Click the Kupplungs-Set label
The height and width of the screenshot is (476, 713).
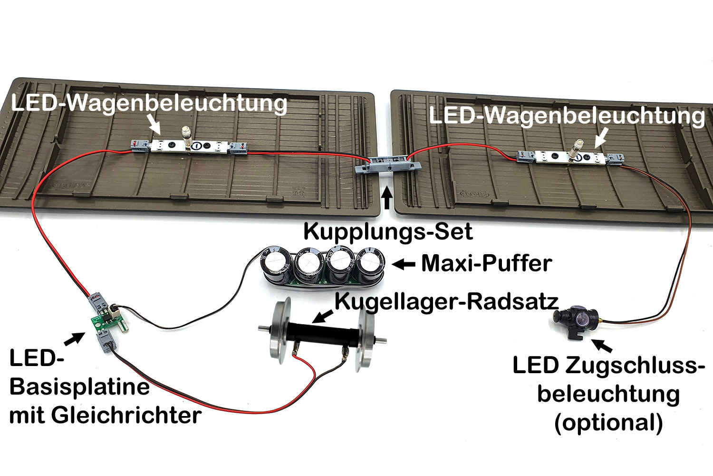[x=388, y=232]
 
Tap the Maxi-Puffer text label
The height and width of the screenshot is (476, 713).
[x=486, y=263]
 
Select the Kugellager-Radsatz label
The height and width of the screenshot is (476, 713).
[x=446, y=301]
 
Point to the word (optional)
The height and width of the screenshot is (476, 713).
[x=608, y=422]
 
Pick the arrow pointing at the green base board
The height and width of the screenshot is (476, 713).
[x=72, y=338]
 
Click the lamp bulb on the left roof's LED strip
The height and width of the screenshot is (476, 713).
[x=186, y=138]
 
